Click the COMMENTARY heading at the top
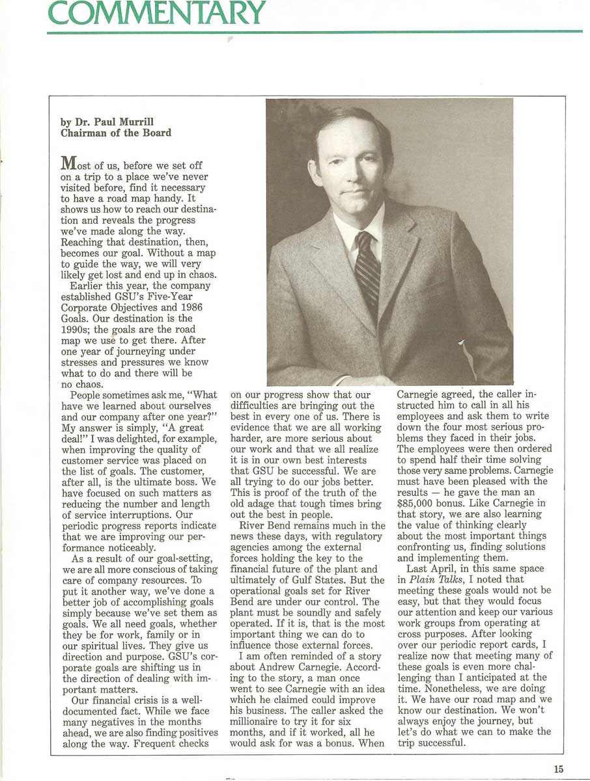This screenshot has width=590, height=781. tap(156, 12)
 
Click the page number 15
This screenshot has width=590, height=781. tap(559, 769)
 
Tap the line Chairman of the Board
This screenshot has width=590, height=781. tap(116, 133)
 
